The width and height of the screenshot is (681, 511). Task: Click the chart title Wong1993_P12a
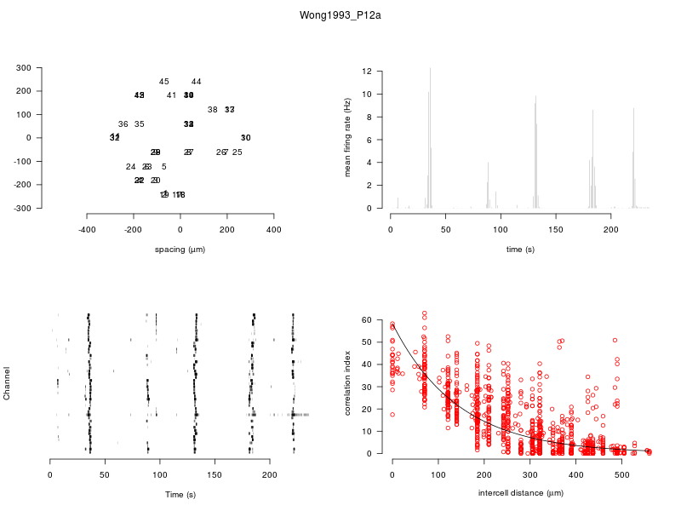(340, 15)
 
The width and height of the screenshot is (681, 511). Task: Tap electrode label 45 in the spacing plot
(164, 82)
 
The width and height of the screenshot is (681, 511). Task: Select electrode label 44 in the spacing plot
(197, 82)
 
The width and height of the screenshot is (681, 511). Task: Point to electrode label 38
(212, 110)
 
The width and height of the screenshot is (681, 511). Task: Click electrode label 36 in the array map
(123, 124)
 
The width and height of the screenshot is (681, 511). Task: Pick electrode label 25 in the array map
(237, 152)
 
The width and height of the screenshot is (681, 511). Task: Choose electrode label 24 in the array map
(130, 167)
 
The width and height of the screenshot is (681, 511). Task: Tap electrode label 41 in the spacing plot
(171, 95)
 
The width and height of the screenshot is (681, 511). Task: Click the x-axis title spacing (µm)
(180, 250)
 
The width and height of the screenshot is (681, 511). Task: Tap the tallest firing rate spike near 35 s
(430, 70)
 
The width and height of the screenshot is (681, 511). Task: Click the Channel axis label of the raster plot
(8, 384)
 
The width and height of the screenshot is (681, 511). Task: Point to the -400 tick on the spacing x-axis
(87, 230)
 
